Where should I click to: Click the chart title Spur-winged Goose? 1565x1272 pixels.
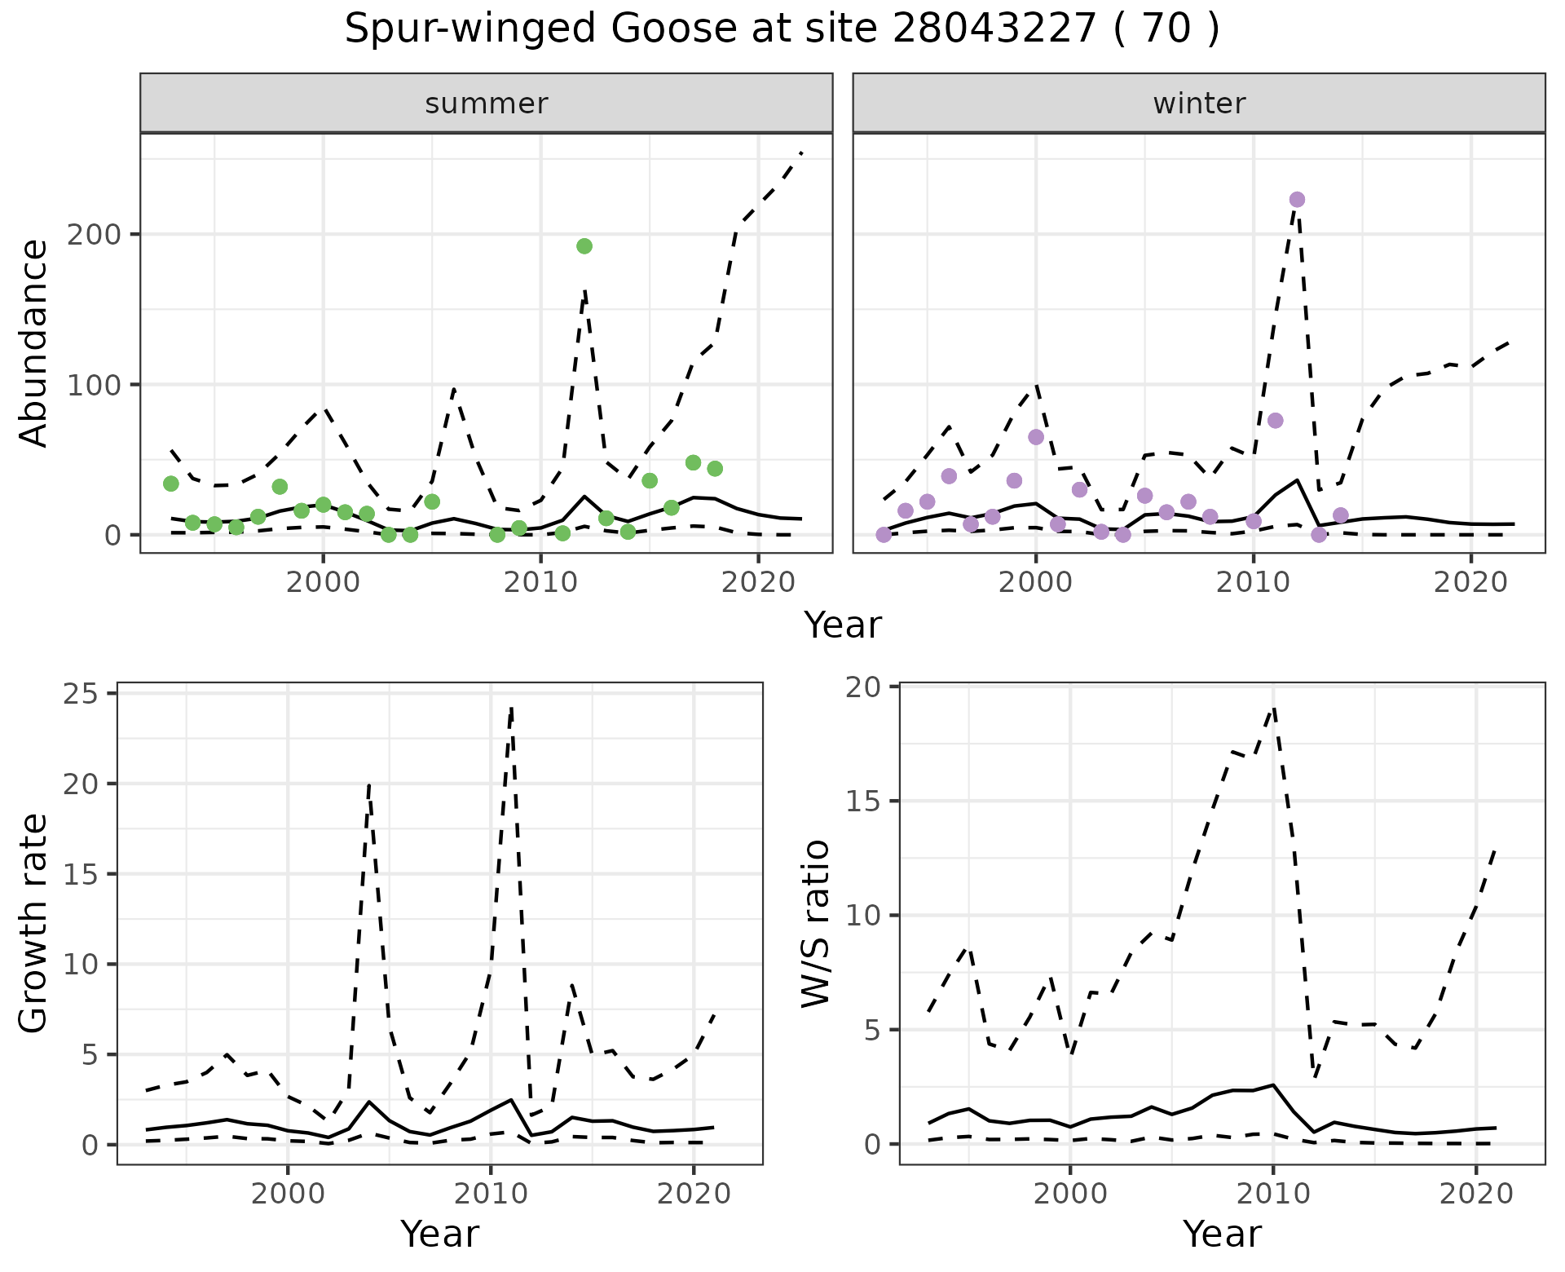pyautogui.click(x=781, y=29)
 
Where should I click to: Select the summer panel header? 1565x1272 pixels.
pyautogui.click(x=486, y=104)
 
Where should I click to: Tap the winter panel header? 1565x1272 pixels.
pyautogui.click(x=1198, y=104)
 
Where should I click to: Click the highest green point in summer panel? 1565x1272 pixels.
pyautogui.click(x=584, y=246)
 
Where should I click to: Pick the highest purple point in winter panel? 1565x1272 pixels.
pyautogui.click(x=1297, y=200)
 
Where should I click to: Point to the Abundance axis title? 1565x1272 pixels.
pyautogui.click(x=34, y=343)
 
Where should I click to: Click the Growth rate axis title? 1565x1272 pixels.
pyautogui.click(x=34, y=924)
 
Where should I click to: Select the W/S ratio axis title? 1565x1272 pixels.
pyautogui.click(x=816, y=924)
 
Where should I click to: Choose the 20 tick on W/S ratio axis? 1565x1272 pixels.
pyautogui.click(x=869, y=687)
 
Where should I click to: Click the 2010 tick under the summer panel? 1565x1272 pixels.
pyautogui.click(x=540, y=583)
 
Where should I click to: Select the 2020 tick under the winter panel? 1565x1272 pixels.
pyautogui.click(x=1470, y=583)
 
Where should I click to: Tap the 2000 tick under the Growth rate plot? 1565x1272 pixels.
pyautogui.click(x=288, y=1195)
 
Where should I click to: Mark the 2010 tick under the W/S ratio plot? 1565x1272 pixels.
pyautogui.click(x=1272, y=1195)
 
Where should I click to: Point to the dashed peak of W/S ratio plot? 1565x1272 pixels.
pyautogui.click(x=1272, y=709)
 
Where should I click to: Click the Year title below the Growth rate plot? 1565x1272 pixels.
pyautogui.click(x=439, y=1234)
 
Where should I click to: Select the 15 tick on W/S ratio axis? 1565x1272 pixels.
pyautogui.click(x=869, y=802)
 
